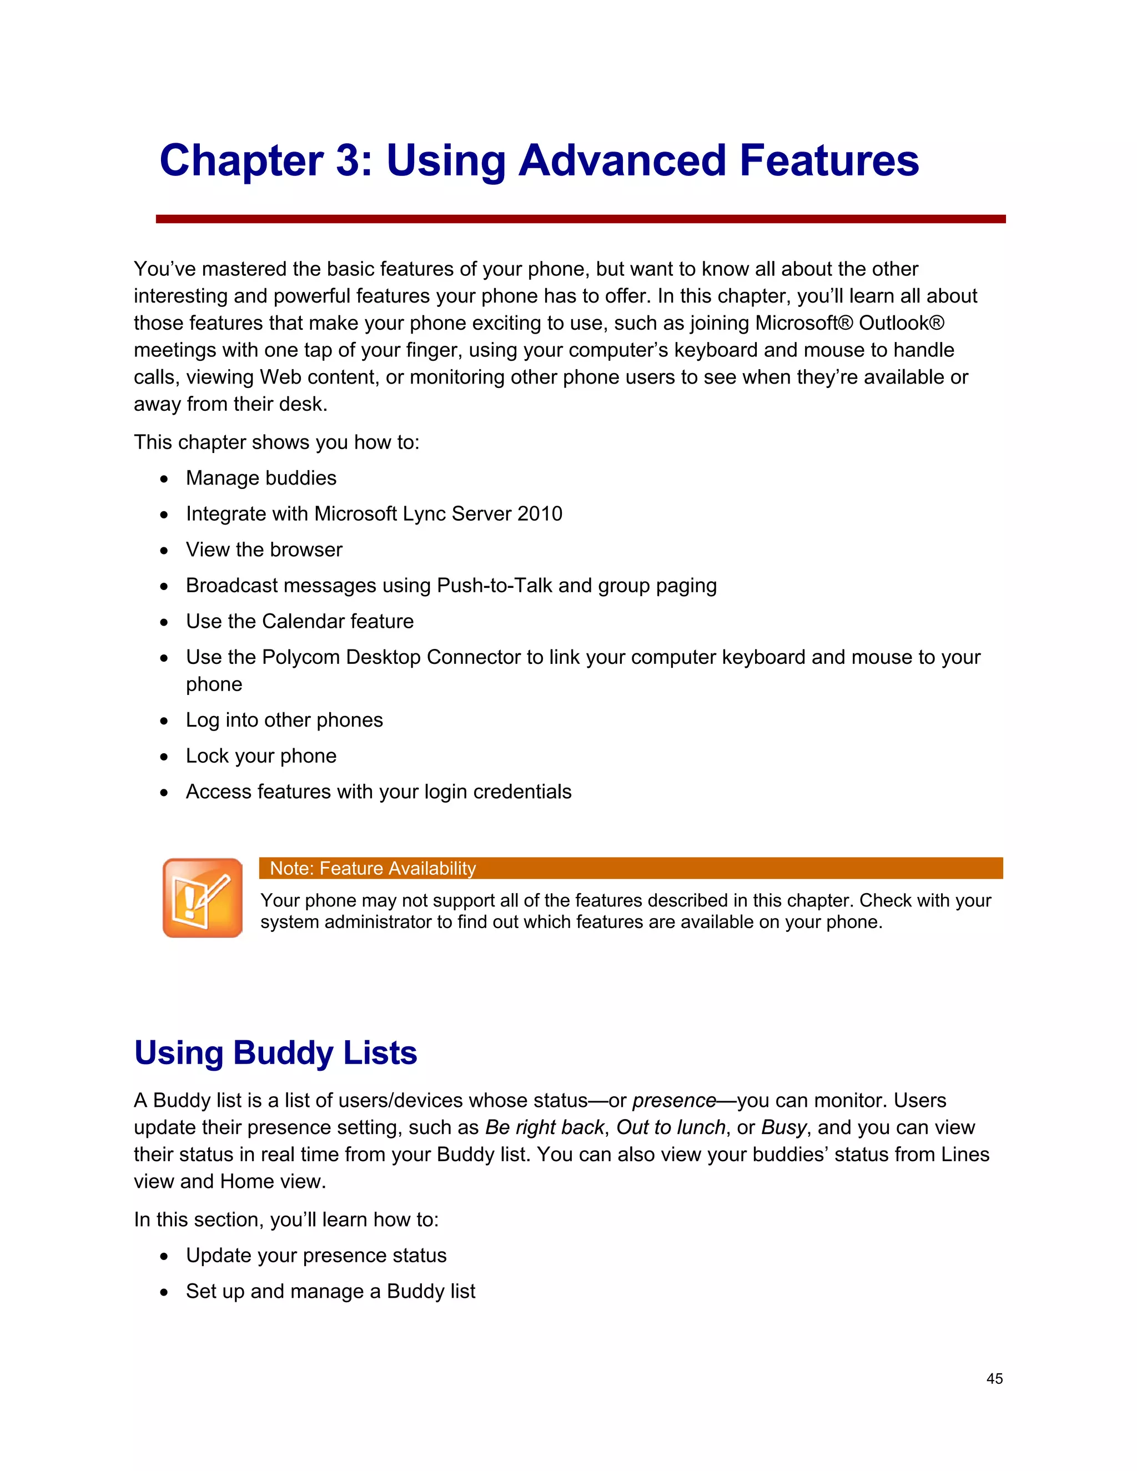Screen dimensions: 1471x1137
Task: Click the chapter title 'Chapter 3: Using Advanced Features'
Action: click(539, 161)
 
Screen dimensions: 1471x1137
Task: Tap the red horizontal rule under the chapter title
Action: click(580, 219)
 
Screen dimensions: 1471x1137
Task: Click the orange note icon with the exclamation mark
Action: click(202, 897)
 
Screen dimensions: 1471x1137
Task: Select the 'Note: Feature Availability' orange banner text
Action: click(373, 868)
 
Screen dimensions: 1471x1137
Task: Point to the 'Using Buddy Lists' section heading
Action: click(275, 1052)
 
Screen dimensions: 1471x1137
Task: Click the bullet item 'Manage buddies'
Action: click(261, 478)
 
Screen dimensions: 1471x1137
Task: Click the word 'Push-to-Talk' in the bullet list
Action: click(495, 585)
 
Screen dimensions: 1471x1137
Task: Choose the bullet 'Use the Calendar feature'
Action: click(299, 621)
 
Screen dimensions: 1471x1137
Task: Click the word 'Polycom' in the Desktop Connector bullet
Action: click(300, 657)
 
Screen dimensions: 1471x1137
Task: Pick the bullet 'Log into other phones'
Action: click(284, 720)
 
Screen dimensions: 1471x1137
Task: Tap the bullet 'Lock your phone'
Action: click(261, 755)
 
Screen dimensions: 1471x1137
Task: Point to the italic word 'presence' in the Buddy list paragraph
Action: click(673, 1101)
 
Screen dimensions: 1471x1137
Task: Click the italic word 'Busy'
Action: click(783, 1127)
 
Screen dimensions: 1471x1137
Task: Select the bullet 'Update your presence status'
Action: click(316, 1256)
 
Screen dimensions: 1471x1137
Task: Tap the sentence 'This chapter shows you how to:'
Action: click(276, 442)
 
